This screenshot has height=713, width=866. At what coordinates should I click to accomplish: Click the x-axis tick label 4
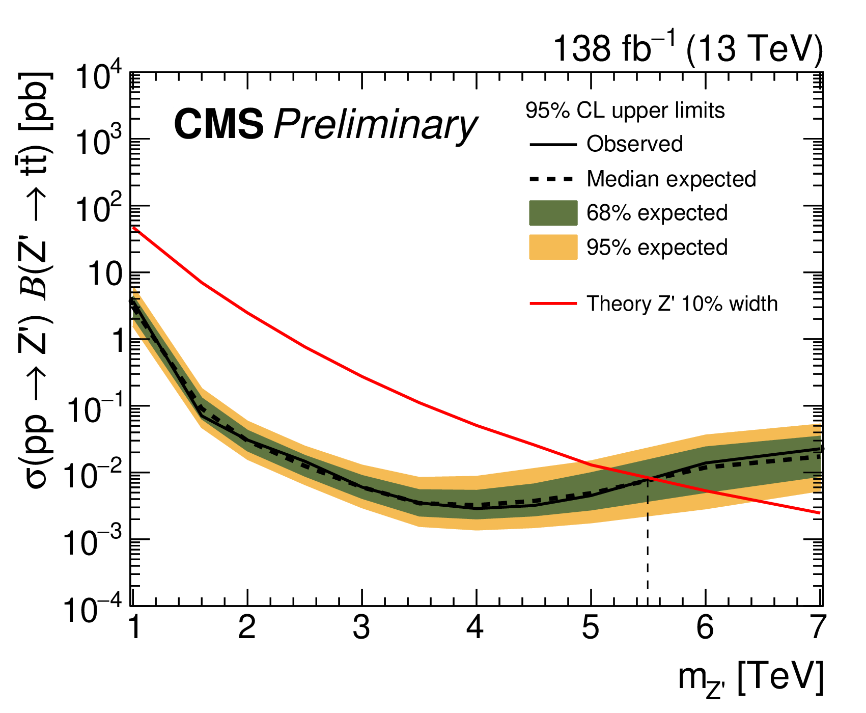coord(475,628)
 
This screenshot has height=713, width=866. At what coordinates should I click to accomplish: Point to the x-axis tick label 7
coord(818,628)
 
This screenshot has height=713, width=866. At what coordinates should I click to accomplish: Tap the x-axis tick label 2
coord(247,628)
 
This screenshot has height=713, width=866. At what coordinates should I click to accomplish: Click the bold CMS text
coord(219,124)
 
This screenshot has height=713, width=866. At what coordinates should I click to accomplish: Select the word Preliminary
coord(376,125)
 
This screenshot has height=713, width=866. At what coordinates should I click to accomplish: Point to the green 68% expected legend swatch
coord(553,213)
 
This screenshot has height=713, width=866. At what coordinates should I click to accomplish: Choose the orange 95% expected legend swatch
coord(553,248)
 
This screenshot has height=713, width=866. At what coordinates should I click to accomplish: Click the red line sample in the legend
coord(553,304)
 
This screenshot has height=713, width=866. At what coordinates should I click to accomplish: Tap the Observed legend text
coord(634,144)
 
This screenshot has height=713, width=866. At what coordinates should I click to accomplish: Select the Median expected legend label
coord(671,179)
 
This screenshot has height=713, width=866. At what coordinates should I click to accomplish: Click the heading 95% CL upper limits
coord(625,111)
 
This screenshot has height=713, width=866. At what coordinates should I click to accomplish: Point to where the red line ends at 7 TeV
coord(820,513)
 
